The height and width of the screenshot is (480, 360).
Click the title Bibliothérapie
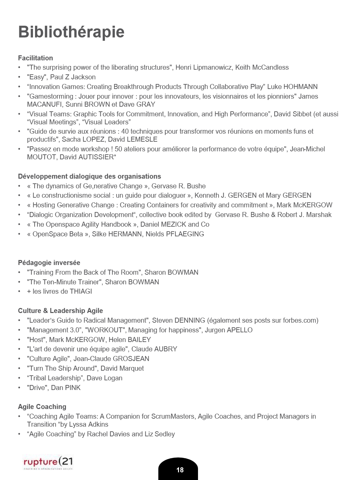click(71, 32)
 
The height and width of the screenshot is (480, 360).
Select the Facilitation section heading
click(35, 58)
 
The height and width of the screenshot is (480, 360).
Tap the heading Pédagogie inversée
click(49, 263)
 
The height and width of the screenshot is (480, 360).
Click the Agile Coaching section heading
click(42, 407)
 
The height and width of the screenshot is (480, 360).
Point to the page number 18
click(180, 470)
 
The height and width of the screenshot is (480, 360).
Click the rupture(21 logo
click(48, 462)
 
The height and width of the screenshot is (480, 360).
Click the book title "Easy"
click(37, 77)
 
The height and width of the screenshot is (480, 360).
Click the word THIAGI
click(81, 291)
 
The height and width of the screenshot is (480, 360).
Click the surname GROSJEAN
click(131, 359)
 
